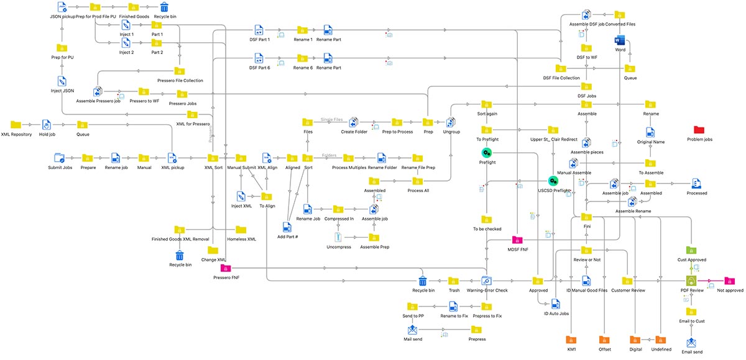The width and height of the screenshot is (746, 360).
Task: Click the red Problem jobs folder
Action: [699, 130]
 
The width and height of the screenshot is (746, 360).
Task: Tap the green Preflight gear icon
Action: [487, 153]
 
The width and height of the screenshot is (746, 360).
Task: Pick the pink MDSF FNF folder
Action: [517, 240]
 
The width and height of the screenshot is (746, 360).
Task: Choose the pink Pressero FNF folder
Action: [226, 268]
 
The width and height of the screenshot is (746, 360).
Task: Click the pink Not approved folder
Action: [729, 281]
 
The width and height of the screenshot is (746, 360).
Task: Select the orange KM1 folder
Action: [571, 340]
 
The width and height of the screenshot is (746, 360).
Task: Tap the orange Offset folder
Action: [604, 340]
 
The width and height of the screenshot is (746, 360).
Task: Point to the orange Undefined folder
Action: [660, 340]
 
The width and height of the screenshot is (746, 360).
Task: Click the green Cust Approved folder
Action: [691, 250]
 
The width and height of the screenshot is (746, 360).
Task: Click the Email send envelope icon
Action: [691, 343]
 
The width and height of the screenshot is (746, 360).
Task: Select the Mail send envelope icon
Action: [413, 330]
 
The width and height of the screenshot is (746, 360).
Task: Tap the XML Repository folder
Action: [16, 125]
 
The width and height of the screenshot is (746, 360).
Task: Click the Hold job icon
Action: [45, 125]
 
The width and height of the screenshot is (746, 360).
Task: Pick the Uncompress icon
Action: [338, 237]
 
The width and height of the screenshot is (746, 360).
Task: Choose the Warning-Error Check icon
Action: [487, 281]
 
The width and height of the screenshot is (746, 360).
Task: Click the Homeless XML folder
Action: [241, 230]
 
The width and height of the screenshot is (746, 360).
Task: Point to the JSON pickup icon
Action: [62, 7]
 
